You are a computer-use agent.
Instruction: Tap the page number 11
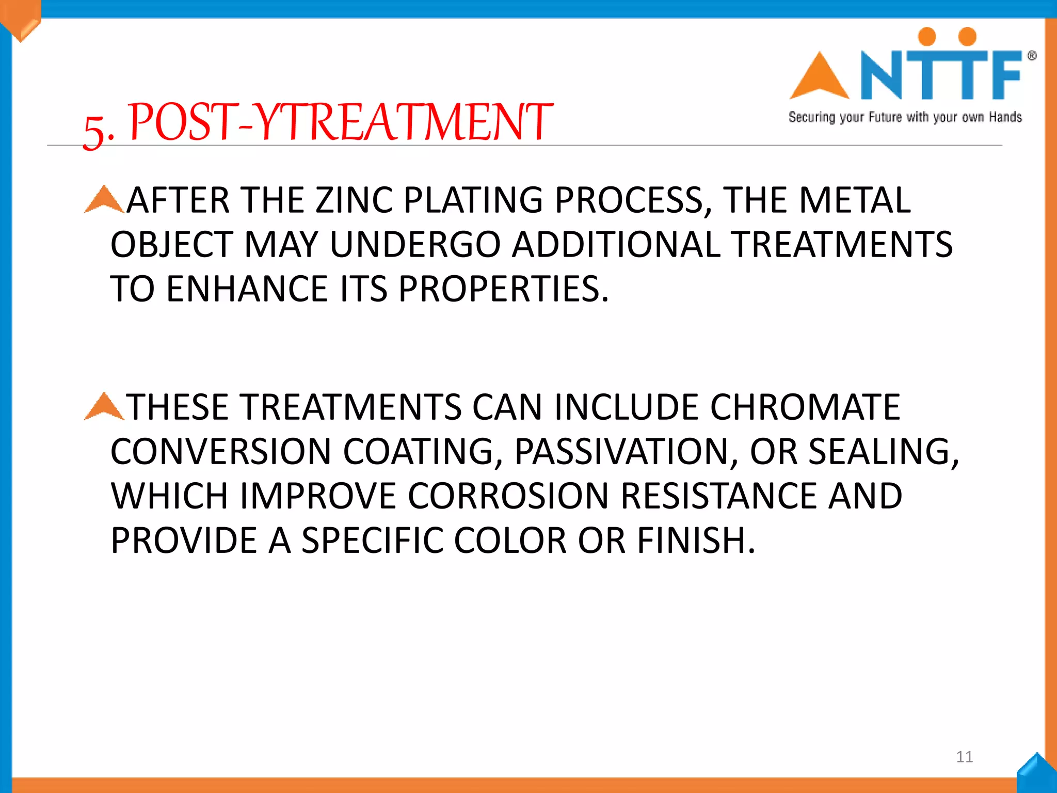[964, 757]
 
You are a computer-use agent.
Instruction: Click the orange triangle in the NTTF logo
[819, 76]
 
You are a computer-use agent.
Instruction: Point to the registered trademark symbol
[1032, 56]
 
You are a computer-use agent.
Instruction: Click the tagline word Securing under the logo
[811, 118]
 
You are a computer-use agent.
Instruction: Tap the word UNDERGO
[415, 245]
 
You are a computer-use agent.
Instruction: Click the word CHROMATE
[805, 408]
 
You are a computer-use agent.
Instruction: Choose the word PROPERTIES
[503, 289]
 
